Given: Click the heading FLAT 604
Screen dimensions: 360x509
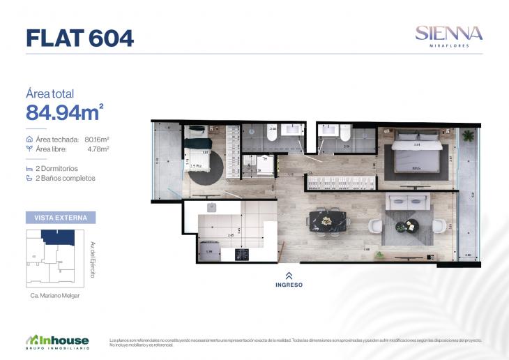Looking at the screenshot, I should coord(79,38).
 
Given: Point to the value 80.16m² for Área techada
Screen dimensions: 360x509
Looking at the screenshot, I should coord(98,140).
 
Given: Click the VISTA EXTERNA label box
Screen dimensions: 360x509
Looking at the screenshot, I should coord(61,218).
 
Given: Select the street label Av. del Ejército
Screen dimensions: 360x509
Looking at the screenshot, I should coord(93,260).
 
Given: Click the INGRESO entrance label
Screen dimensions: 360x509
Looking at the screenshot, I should coord(289,285).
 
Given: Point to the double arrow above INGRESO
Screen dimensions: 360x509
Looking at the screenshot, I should coord(289,276).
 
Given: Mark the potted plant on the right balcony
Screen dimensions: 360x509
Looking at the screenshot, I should coord(468,135).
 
